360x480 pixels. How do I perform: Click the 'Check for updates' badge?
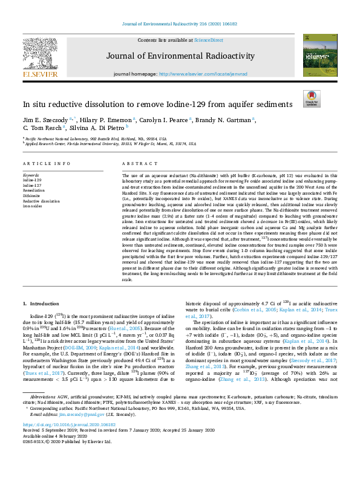click(x=311, y=99)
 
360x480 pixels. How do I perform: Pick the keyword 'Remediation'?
click(x=35, y=190)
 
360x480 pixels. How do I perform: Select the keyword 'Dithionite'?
click(x=33, y=195)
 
